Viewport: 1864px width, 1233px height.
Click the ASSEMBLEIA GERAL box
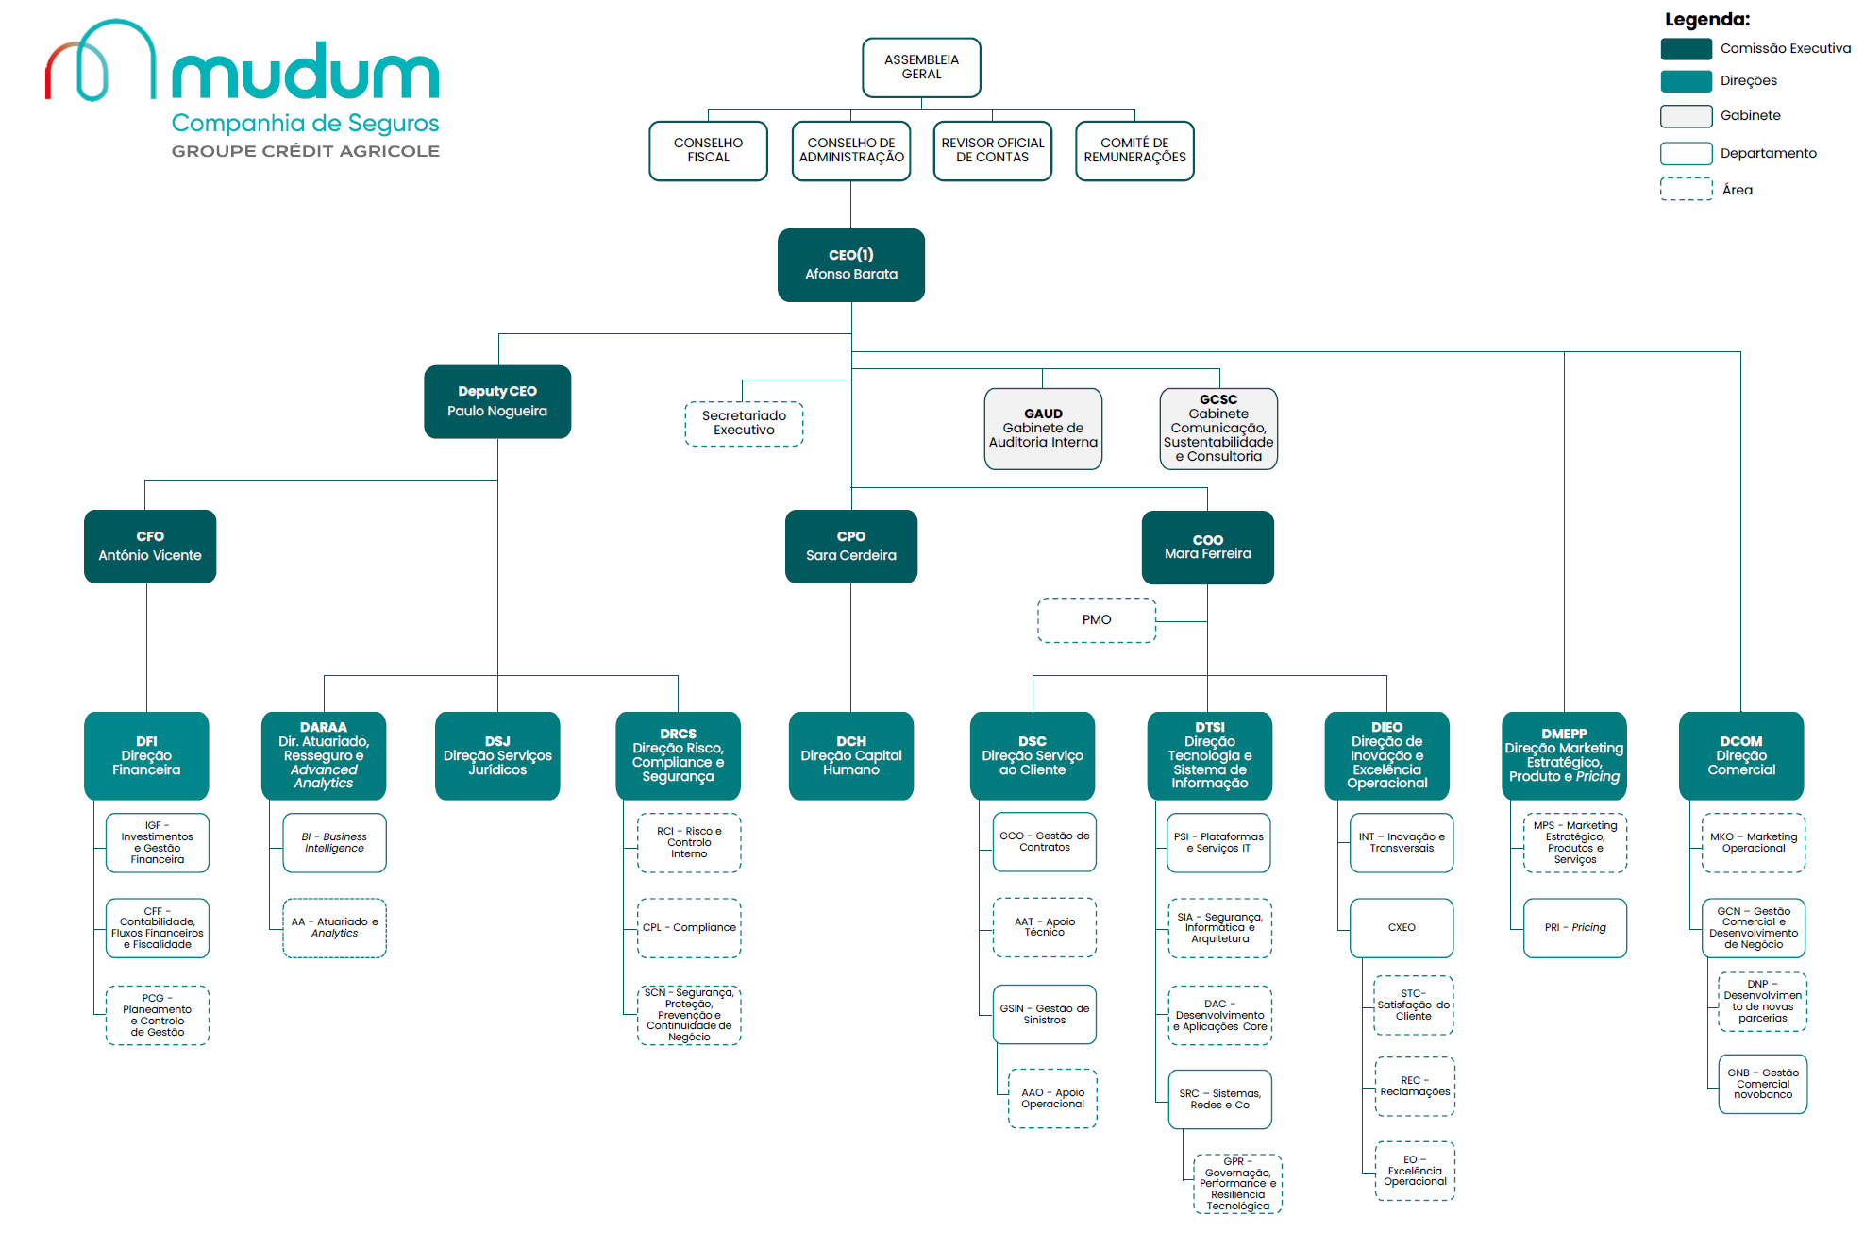tap(921, 67)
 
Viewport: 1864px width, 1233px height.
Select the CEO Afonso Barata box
tap(850, 265)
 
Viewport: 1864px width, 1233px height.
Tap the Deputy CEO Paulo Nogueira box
tap(497, 401)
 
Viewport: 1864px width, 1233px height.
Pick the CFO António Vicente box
tap(150, 547)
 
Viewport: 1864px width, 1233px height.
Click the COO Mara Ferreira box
tap(1207, 548)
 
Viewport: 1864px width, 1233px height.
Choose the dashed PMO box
tap(1097, 620)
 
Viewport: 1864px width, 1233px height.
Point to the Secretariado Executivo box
tap(744, 423)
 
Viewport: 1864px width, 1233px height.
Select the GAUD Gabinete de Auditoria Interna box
tap(1043, 429)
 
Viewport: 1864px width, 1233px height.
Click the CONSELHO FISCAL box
tap(708, 150)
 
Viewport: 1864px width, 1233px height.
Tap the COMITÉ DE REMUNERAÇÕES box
tap(1134, 150)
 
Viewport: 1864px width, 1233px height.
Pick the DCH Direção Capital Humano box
tap(850, 755)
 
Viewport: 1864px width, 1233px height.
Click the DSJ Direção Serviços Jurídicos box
tap(497, 755)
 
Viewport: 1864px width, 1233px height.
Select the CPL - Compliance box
tap(689, 928)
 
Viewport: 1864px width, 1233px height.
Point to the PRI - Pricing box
tap(1574, 928)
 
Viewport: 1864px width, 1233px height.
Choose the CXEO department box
tap(1402, 928)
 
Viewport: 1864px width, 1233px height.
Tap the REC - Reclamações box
tap(1415, 1087)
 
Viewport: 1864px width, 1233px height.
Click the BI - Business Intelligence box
tap(334, 842)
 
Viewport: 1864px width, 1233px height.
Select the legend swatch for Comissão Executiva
tap(1686, 49)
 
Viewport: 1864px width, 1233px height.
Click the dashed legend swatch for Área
tap(1686, 190)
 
